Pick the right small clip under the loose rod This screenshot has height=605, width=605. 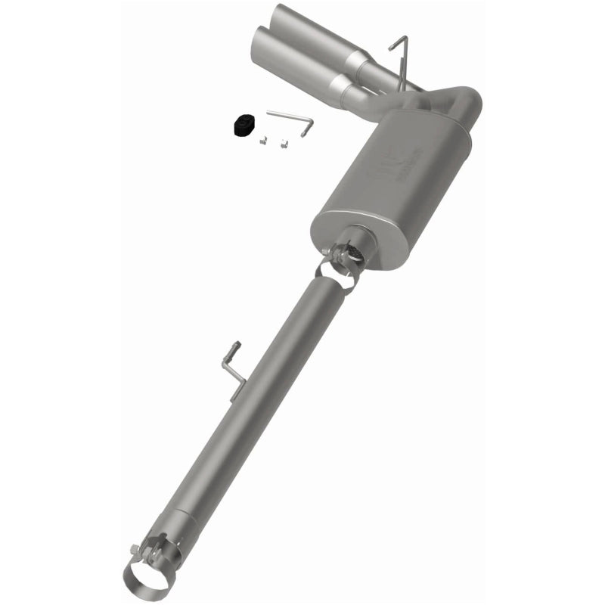284,141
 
